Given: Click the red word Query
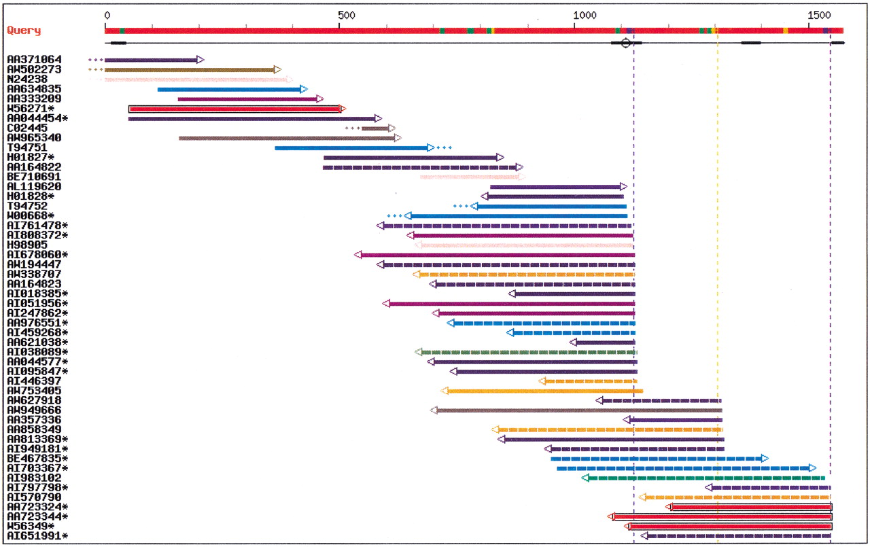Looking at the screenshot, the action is (24, 31).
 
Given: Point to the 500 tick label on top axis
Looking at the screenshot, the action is (347, 16).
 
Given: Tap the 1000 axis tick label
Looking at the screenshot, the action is (585, 16).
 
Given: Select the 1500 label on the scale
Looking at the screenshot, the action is (819, 16).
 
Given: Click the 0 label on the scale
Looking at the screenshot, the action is (107, 16).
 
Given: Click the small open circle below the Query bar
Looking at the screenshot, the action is (625, 43).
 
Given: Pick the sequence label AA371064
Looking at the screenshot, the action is (34, 59).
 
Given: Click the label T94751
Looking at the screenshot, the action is (27, 147).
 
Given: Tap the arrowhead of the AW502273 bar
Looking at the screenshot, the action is (277, 69).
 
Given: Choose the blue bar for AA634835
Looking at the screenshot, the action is (232, 89).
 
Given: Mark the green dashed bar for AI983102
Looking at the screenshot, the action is (703, 478).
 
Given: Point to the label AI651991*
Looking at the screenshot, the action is (37, 536).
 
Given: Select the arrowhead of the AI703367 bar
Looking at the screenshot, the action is (812, 468).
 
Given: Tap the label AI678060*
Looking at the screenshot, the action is (37, 255).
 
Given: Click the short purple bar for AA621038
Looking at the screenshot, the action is (602, 342).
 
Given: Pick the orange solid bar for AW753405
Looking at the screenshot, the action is (542, 391).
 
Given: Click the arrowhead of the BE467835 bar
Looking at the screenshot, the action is (765, 459).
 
